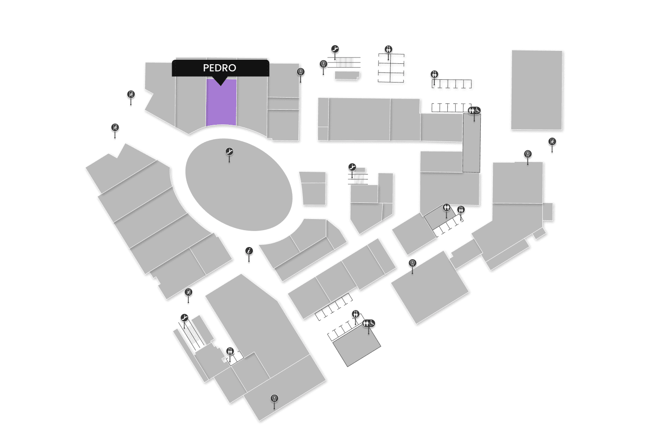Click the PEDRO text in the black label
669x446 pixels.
(219, 68)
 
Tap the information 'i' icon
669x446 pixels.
(249, 251)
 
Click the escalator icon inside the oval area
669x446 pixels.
(229, 152)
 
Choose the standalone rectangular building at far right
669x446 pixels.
(537, 90)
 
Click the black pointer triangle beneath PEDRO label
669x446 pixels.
(220, 82)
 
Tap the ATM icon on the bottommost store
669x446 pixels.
(274, 398)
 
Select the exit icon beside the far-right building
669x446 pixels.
(552, 142)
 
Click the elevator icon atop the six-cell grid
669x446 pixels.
(388, 49)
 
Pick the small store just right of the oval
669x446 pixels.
(314, 189)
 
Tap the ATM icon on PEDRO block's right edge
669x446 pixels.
(301, 72)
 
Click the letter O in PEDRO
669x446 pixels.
(231, 68)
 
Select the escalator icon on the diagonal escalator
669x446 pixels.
(185, 318)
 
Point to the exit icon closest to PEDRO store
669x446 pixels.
(131, 95)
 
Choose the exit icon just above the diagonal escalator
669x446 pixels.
(189, 293)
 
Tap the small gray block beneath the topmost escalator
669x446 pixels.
(347, 75)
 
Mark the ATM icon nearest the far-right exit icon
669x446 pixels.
(528, 154)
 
